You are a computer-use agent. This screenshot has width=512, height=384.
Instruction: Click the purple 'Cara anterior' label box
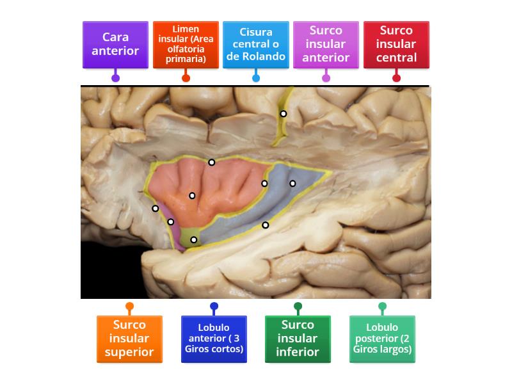click(115, 44)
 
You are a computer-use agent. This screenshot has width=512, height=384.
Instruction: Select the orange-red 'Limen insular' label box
click(186, 44)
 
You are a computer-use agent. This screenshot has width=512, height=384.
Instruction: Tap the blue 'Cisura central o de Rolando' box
click(256, 44)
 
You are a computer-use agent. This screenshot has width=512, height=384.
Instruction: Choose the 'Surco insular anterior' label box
click(326, 44)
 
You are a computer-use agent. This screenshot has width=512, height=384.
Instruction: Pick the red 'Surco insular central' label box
click(396, 44)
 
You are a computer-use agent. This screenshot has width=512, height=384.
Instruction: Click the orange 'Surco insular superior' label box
click(129, 339)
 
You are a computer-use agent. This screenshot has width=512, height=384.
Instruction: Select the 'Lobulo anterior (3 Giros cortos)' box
click(214, 339)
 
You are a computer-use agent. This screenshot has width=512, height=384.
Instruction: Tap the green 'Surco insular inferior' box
click(298, 339)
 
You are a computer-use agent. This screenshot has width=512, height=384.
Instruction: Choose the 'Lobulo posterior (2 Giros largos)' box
click(382, 339)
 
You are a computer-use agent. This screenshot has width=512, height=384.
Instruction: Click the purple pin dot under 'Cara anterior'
click(115, 78)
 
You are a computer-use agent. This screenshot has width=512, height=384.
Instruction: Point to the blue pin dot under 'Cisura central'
click(256, 78)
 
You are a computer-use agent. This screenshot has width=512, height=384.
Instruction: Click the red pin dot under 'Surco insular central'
click(396, 78)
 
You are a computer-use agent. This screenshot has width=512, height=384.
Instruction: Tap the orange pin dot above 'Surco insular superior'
click(129, 306)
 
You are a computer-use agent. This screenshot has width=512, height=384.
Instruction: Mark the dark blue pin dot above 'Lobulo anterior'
click(214, 306)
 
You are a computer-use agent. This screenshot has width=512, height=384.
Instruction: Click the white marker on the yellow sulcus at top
click(283, 114)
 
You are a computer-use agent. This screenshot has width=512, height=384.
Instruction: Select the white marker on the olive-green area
click(194, 240)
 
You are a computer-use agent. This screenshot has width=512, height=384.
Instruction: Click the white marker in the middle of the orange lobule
click(192, 196)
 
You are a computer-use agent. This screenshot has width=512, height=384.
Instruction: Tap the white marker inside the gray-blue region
click(292, 184)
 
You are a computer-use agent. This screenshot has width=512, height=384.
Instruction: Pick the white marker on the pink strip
click(170, 222)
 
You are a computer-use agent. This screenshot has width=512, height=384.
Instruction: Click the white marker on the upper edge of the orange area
click(211, 162)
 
